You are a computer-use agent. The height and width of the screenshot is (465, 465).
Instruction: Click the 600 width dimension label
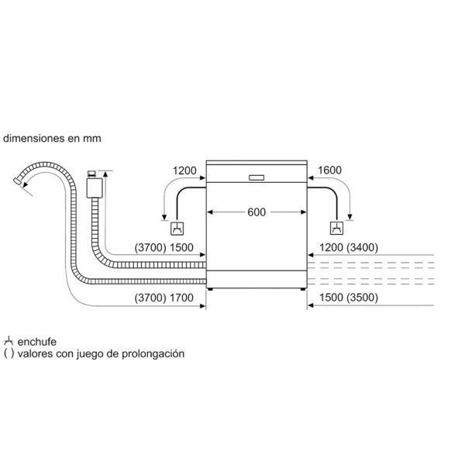[257, 212]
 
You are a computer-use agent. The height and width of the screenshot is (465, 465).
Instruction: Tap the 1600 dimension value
[330, 170]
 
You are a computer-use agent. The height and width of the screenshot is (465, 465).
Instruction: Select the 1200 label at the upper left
[184, 170]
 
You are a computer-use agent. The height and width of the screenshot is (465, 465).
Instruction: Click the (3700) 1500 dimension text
[164, 247]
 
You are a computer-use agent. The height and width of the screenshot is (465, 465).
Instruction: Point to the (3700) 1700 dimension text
[164, 298]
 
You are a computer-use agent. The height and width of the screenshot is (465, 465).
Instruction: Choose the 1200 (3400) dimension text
[349, 247]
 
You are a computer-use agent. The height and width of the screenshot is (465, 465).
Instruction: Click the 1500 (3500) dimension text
[349, 298]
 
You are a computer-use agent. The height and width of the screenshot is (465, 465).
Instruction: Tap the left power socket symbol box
[177, 229]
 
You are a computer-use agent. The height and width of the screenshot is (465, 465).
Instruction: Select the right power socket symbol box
[337, 228]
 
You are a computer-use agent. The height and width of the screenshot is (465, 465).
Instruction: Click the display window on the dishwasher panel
[257, 177]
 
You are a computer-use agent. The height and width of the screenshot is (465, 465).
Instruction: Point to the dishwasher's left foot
[210, 289]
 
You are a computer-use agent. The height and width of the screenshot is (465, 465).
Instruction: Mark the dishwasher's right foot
[303, 289]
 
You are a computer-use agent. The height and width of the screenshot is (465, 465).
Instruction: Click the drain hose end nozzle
[18, 181]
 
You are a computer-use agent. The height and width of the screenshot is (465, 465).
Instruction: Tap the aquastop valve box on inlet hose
[95, 188]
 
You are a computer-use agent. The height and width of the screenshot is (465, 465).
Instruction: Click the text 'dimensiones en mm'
[52, 138]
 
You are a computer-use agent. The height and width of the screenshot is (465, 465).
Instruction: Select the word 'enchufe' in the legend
[36, 342]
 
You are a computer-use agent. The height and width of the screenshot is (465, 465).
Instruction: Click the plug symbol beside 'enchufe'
[9, 341]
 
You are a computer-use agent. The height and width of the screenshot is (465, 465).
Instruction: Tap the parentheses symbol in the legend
[9, 353]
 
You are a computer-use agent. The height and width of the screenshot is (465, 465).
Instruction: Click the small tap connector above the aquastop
[91, 173]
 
